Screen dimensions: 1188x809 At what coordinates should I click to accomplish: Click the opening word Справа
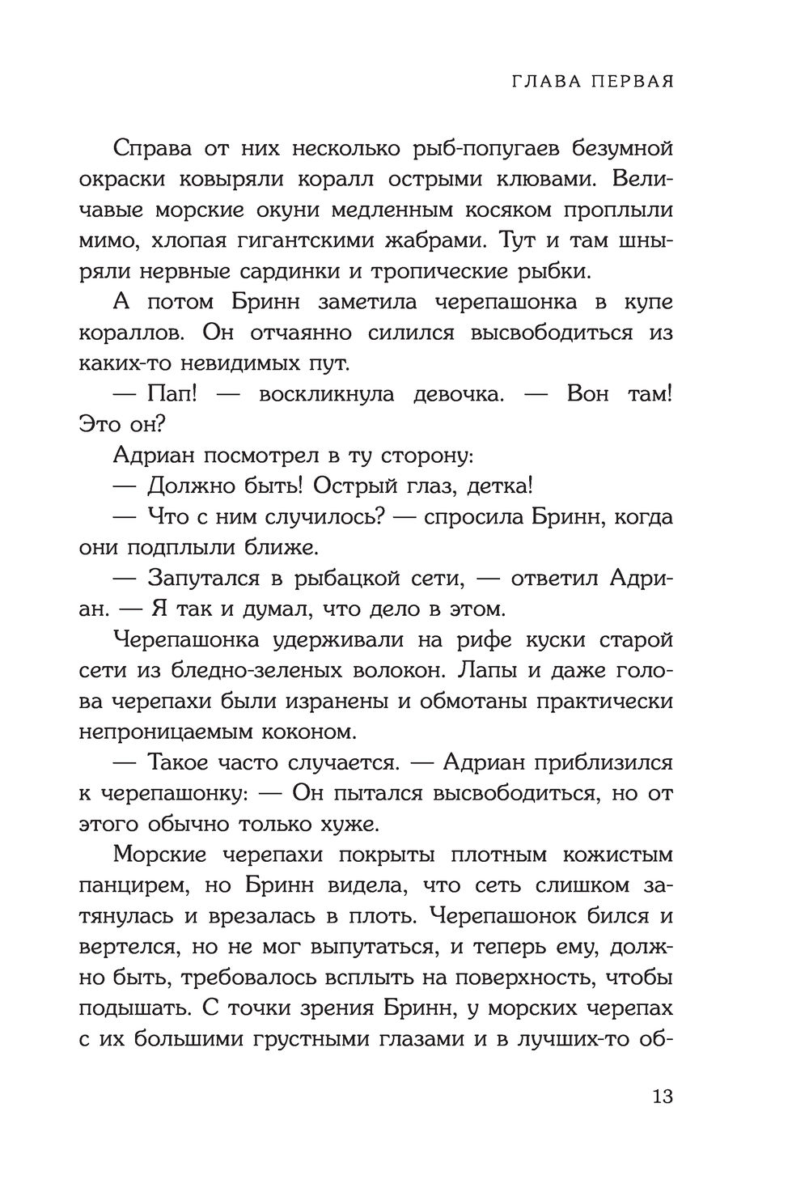(162, 150)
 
